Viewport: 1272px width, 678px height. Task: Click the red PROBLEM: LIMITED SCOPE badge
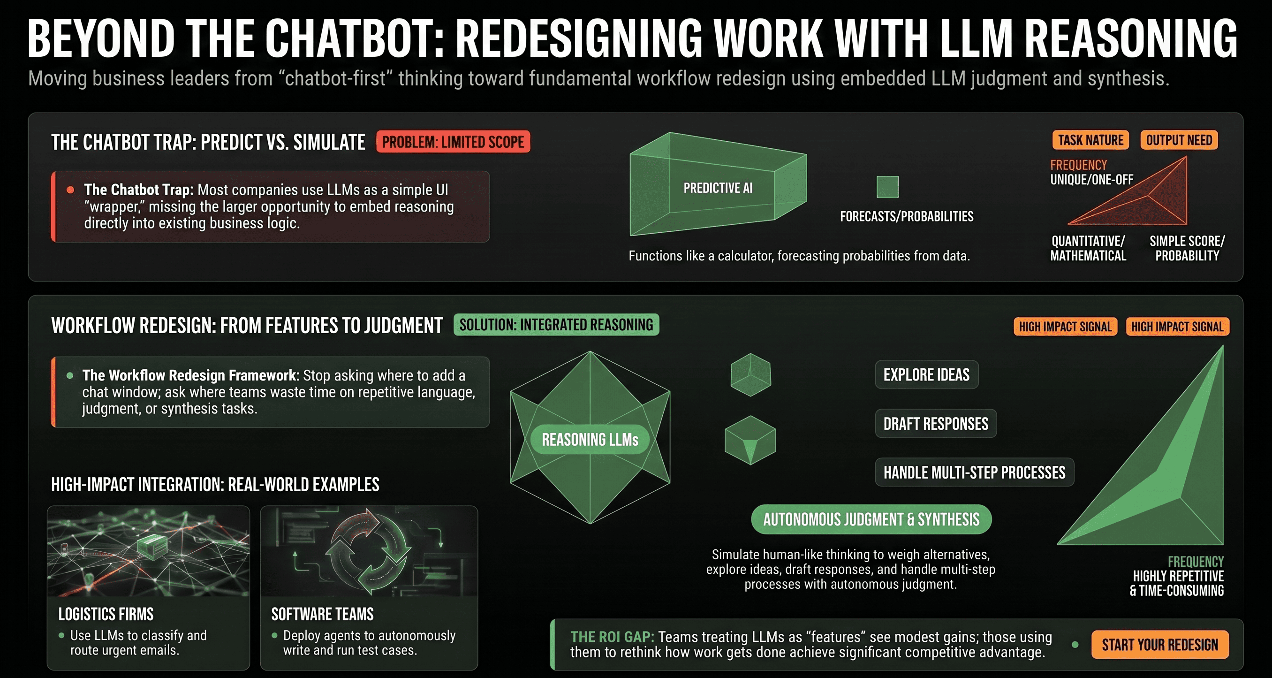click(x=453, y=142)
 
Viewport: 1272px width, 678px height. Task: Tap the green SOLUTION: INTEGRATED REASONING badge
click(x=556, y=325)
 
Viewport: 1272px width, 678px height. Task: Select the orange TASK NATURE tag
click(x=1090, y=140)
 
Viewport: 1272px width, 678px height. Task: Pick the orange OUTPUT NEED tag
click(x=1179, y=140)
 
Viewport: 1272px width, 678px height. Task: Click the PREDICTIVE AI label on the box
click(x=718, y=188)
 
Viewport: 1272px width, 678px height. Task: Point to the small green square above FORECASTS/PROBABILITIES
click(x=887, y=187)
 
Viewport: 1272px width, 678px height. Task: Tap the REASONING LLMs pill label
click(x=590, y=440)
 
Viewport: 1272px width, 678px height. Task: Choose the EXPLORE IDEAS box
click(x=926, y=375)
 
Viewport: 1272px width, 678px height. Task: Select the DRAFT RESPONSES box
click(x=936, y=424)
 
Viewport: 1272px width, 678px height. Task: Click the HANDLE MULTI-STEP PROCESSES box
click(x=974, y=472)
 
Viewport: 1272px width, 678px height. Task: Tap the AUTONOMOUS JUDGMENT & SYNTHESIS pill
click(x=871, y=519)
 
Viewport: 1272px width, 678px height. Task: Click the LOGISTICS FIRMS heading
click(x=106, y=614)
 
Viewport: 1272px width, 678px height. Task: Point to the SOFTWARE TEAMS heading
click(x=322, y=614)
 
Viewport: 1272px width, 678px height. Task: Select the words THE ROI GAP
click(x=612, y=637)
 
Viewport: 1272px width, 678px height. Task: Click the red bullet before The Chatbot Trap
click(x=71, y=190)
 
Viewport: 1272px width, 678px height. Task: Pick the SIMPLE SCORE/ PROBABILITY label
click(x=1187, y=248)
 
